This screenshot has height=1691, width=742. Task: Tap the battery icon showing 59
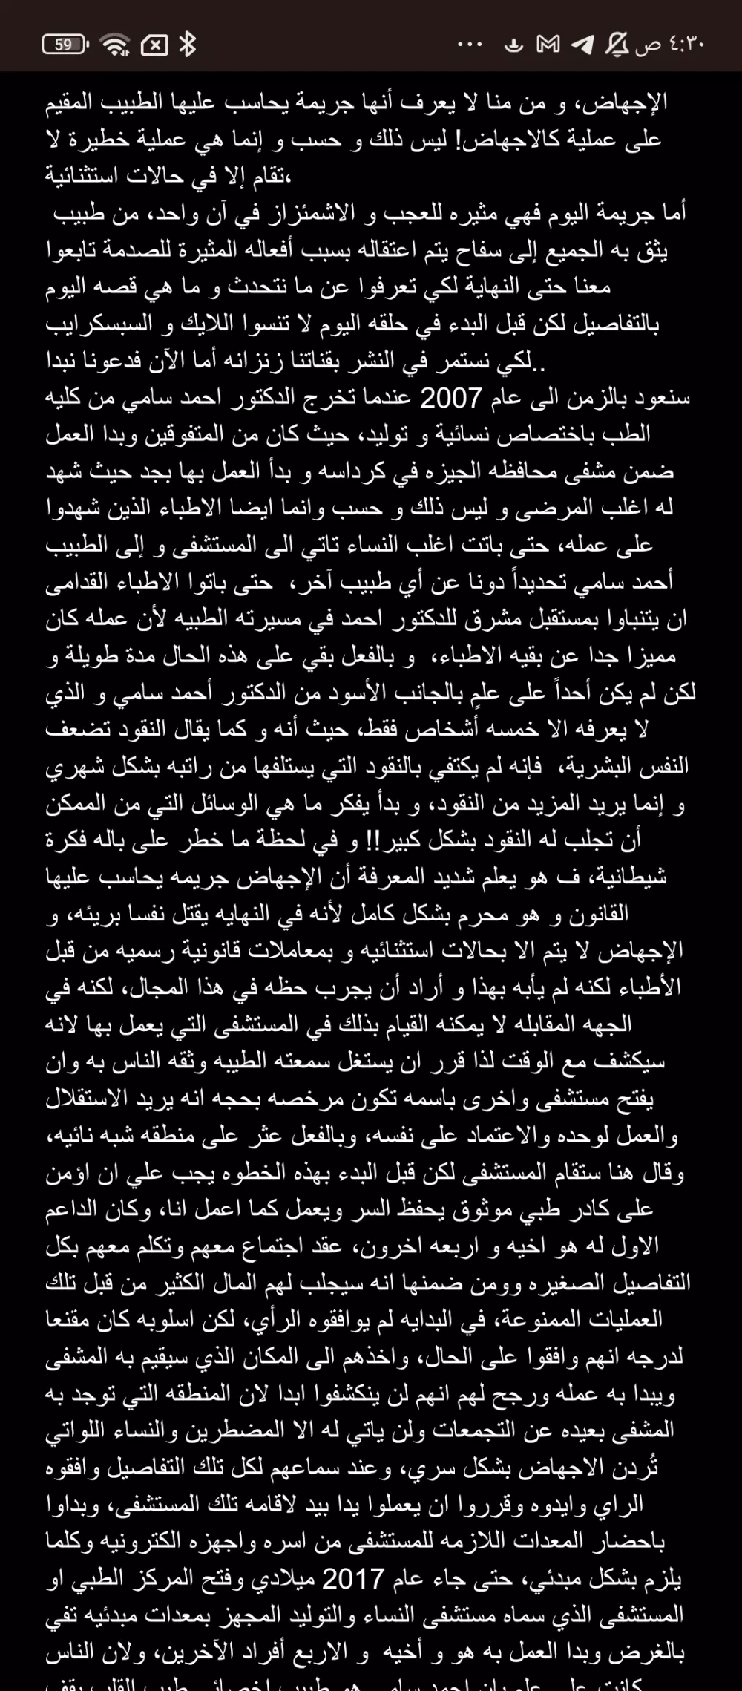65,45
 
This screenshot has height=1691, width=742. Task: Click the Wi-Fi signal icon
115,45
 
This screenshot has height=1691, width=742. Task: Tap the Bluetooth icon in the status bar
188,45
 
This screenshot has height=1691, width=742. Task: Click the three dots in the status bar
470,45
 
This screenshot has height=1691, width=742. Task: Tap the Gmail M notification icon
548,45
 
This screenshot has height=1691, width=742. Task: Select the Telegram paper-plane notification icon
582,45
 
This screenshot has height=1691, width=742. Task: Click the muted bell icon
617,45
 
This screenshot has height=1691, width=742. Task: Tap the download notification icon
513,45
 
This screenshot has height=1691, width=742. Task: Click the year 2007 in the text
451,399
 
